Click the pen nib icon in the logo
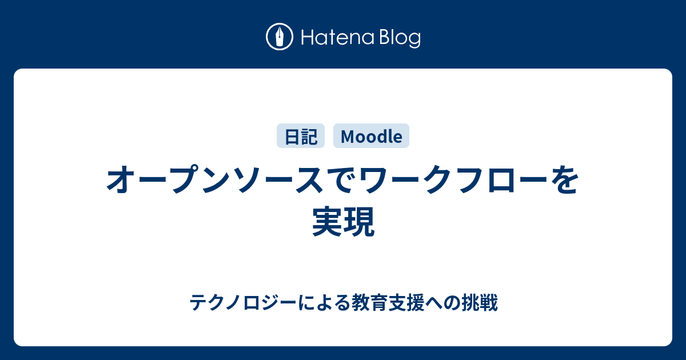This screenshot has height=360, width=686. [280, 37]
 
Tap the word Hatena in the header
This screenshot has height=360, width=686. [338, 38]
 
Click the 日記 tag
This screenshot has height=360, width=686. [301, 136]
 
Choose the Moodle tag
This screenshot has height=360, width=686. [371, 136]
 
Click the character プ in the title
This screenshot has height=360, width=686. [185, 179]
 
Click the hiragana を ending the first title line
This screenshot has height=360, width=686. [565, 179]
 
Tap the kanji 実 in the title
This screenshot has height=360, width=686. [328, 221]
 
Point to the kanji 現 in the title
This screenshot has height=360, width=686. [359, 221]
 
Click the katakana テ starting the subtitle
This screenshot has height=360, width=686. [198, 302]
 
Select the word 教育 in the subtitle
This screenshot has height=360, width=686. [370, 302]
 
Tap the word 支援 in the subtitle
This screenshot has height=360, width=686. [406, 302]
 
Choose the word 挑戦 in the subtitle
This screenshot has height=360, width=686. [480, 302]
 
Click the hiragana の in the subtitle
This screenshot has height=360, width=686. [452, 303]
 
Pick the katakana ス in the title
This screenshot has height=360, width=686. [309, 179]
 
